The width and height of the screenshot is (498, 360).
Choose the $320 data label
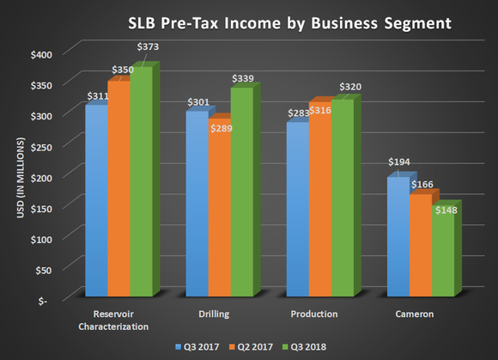click(x=349, y=87)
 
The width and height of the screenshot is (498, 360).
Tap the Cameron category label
click(x=415, y=314)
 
